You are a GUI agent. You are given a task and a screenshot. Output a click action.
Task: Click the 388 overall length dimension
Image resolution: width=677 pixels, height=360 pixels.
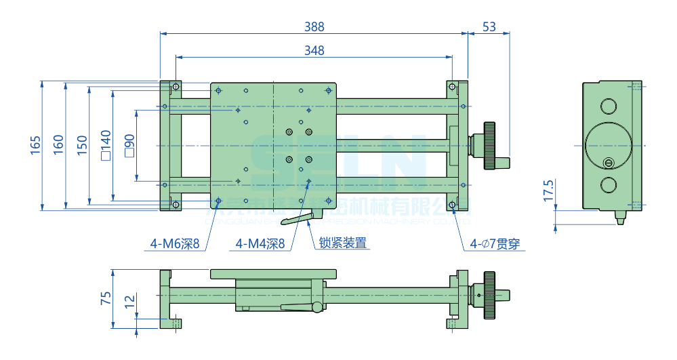click(314, 26)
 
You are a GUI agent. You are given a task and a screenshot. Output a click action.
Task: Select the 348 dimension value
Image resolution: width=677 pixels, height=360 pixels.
click(314, 50)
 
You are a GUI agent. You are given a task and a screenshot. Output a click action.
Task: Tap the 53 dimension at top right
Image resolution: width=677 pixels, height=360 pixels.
click(489, 26)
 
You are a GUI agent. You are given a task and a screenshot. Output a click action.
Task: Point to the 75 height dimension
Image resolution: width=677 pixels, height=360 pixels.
click(106, 299)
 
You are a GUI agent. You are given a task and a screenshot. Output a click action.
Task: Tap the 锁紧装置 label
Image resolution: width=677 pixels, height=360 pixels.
click(343, 243)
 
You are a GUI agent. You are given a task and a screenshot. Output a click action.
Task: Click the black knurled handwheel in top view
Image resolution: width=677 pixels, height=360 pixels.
click(490, 146)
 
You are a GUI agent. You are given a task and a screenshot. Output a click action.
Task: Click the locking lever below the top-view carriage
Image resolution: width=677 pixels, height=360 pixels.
click(298, 219)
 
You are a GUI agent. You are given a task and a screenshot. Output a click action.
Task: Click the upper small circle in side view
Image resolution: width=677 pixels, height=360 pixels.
click(608, 106)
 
